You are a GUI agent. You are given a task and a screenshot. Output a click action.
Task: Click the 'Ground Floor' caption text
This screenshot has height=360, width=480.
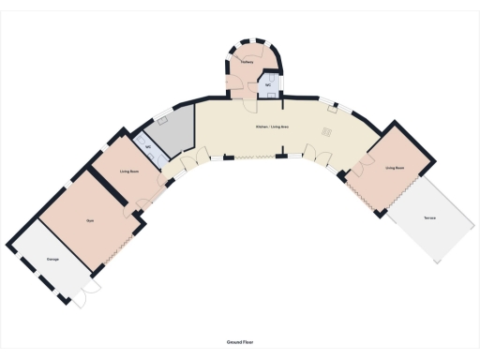[239, 343]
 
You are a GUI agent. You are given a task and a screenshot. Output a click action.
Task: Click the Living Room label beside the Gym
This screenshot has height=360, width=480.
[129, 172]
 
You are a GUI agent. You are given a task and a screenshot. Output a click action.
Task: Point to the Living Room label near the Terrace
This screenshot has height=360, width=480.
[395, 167]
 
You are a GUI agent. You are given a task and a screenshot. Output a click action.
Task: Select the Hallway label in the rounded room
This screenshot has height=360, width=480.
[247, 62]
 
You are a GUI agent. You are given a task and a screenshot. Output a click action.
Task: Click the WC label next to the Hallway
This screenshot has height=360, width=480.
[269, 86]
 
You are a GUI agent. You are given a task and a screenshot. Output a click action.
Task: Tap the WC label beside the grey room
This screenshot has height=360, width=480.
[148, 147]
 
